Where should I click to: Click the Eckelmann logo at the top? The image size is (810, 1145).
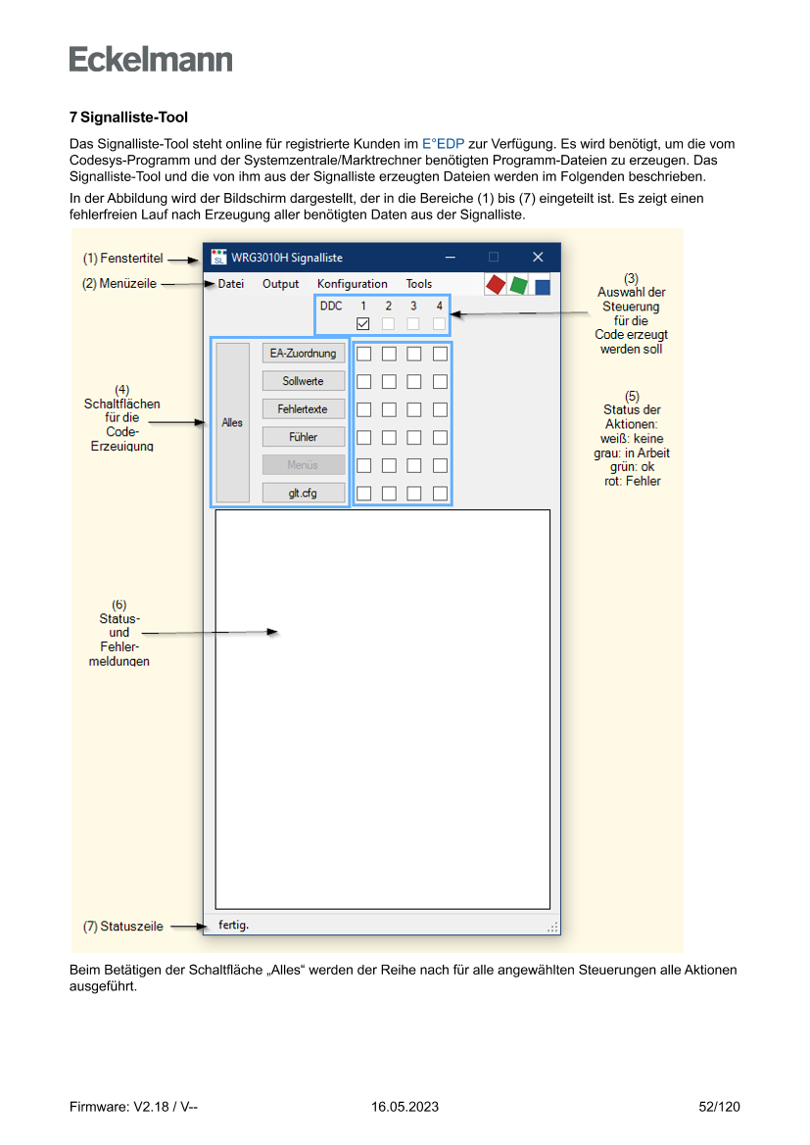tap(151, 60)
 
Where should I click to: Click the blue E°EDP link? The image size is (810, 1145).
tap(444, 143)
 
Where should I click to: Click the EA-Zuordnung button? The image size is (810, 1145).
tap(304, 353)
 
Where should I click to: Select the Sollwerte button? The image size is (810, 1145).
tap(304, 381)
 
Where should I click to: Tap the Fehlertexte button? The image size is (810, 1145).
tap(304, 408)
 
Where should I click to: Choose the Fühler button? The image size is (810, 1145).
tap(304, 437)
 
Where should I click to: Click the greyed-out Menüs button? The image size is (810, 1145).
tap(304, 464)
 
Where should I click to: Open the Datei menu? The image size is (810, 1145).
tap(231, 284)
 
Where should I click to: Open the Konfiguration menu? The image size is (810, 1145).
tap(352, 284)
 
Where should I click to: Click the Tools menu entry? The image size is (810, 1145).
tap(419, 284)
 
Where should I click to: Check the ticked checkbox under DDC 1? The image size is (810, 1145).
tap(362, 323)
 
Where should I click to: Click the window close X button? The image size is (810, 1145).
tap(538, 258)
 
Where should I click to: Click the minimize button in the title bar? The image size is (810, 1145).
tap(451, 258)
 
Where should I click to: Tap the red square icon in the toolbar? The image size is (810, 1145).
tap(495, 284)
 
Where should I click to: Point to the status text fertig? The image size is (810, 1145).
tap(234, 925)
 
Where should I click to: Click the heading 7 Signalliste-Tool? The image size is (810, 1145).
tap(128, 118)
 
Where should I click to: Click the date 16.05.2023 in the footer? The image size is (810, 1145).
tap(405, 1107)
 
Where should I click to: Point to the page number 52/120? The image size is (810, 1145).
tap(719, 1107)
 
